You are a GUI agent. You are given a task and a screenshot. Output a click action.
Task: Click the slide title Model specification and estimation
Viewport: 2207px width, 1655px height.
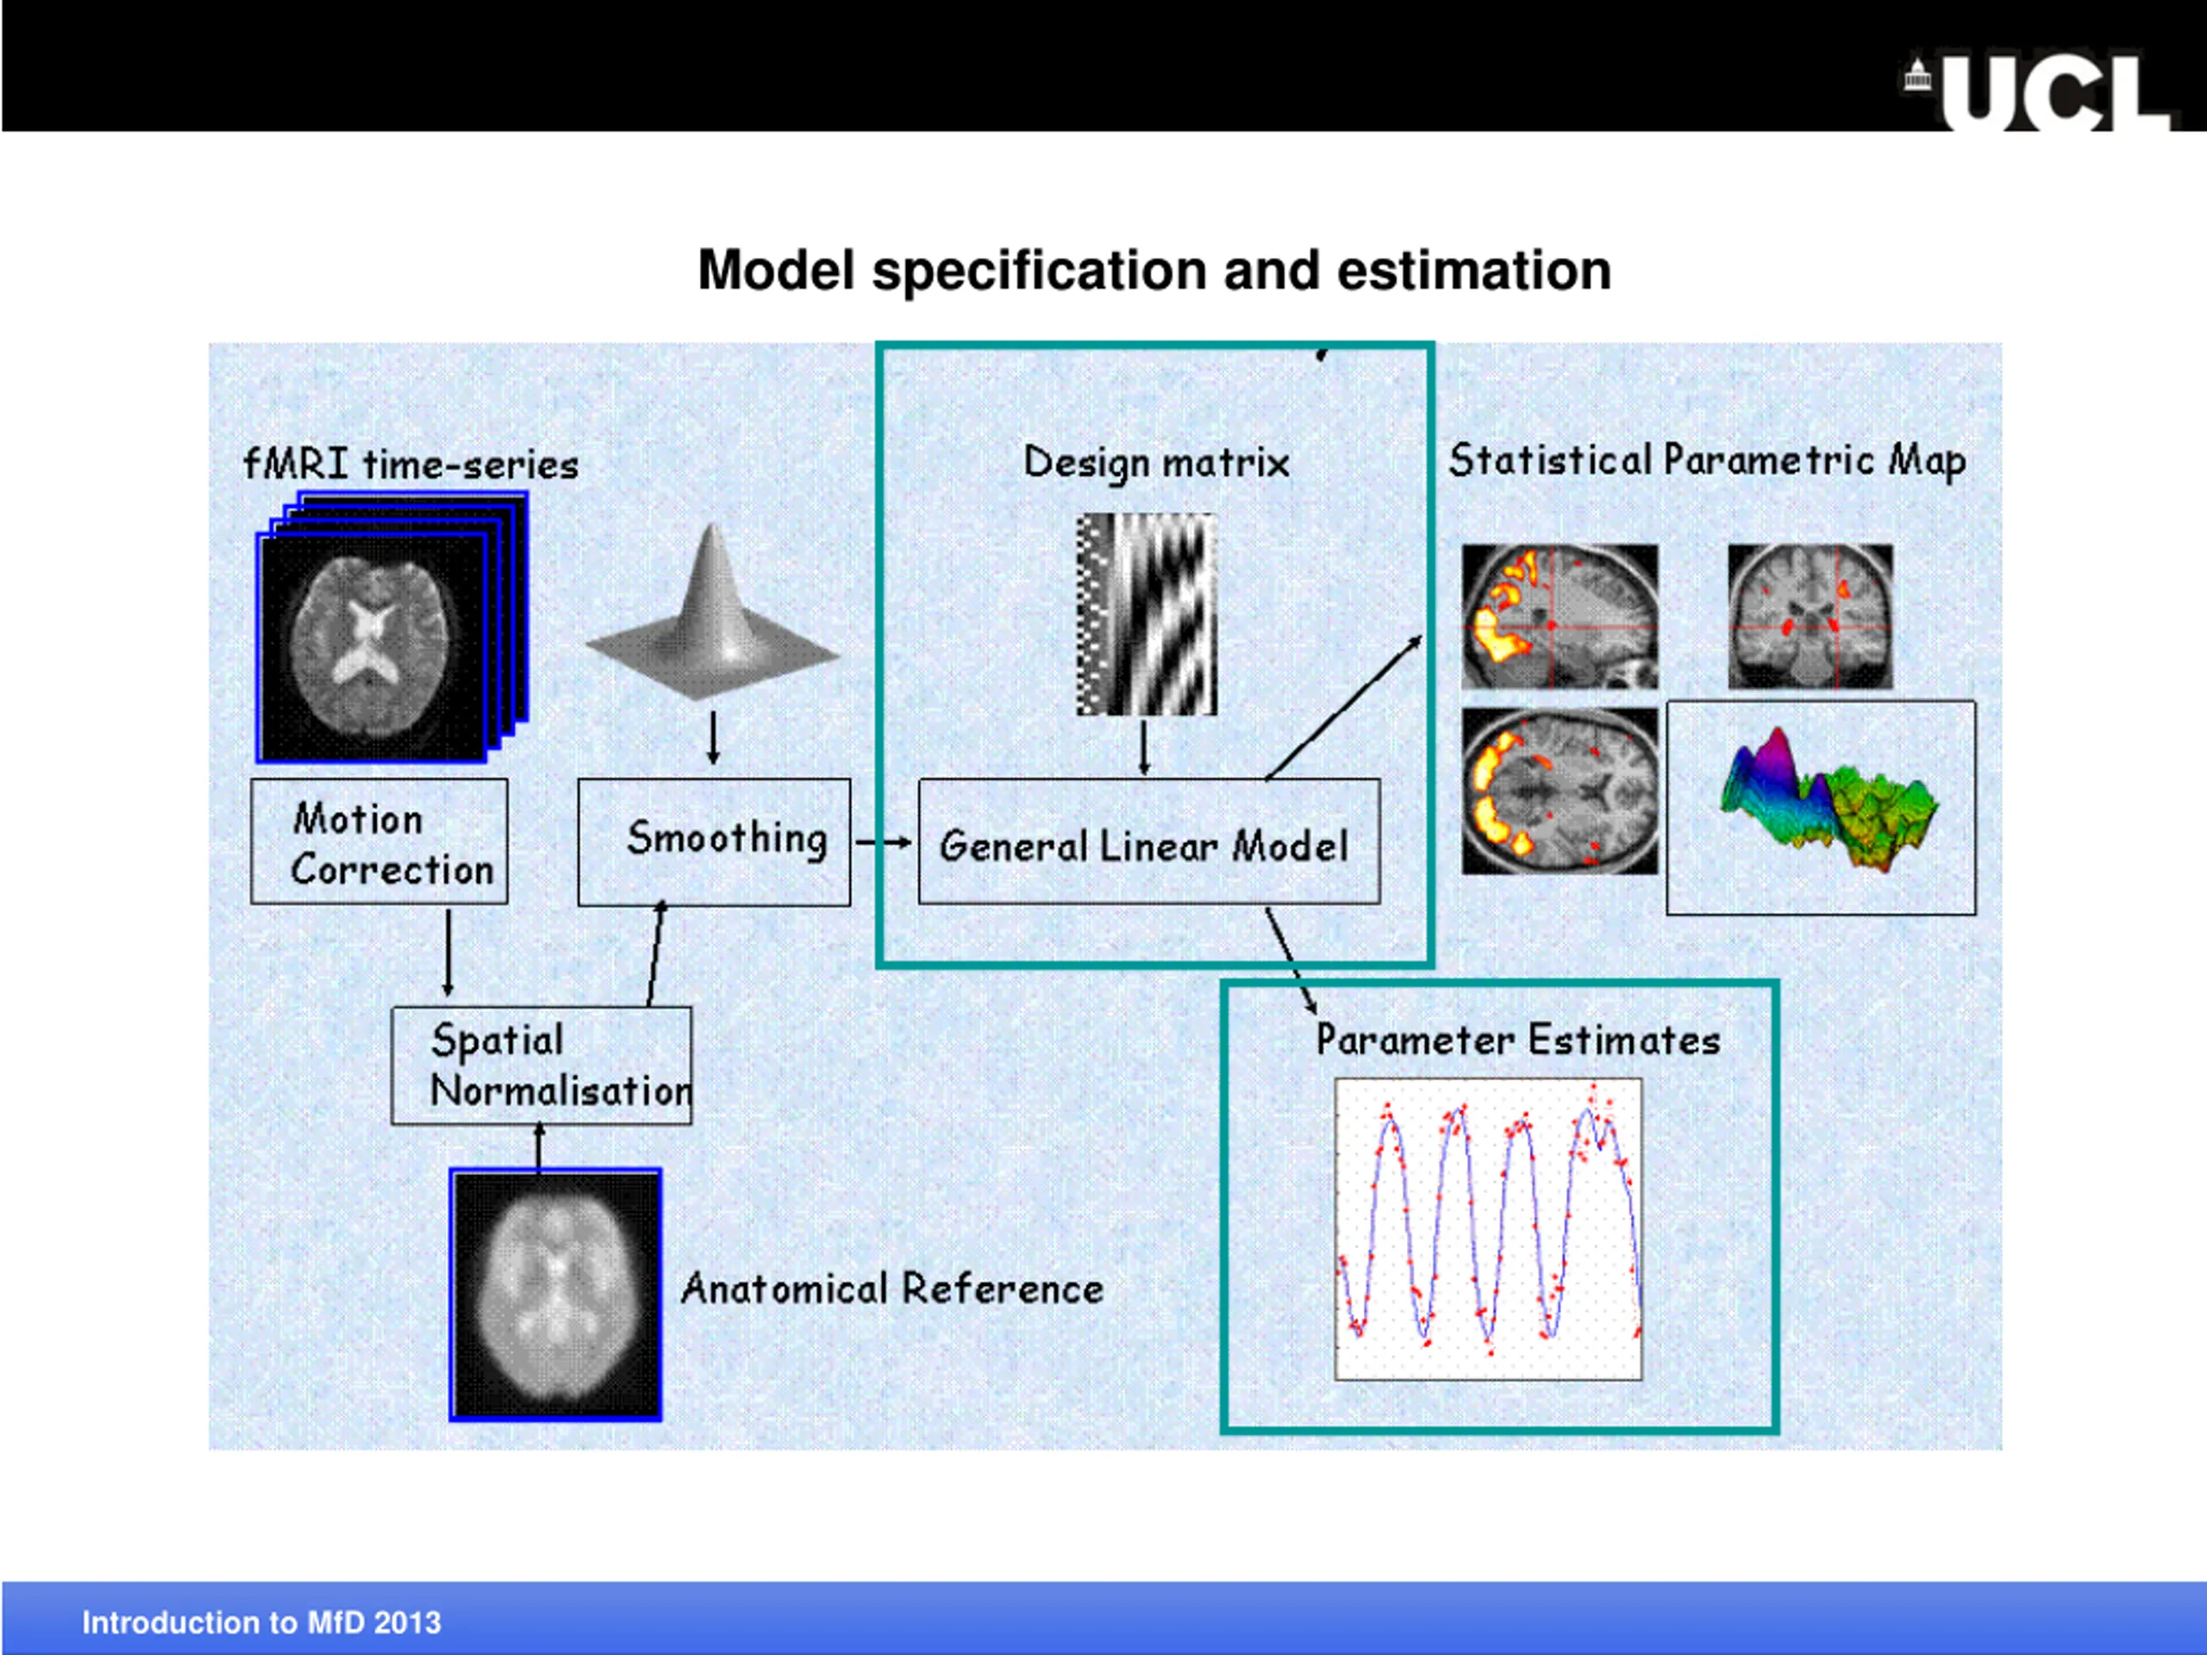coord(1154,271)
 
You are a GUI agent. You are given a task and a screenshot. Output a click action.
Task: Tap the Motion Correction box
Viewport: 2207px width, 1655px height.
coord(379,842)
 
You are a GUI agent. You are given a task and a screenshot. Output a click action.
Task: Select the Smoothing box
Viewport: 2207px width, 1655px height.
coord(715,842)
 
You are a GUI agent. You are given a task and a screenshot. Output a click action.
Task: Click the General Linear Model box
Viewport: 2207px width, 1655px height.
coord(1148,843)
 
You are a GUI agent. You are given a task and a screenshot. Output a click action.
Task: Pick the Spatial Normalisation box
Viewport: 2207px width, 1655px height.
coord(541,1065)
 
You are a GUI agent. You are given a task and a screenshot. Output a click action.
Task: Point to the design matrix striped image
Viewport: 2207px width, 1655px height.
coord(1147,615)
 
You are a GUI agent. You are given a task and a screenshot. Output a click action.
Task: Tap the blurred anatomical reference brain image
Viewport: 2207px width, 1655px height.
coord(556,1295)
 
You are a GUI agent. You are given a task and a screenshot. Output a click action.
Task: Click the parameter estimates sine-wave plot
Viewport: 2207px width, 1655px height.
coord(1488,1229)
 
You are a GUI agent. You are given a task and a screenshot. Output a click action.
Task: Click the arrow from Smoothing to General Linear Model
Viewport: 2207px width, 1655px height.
coord(883,843)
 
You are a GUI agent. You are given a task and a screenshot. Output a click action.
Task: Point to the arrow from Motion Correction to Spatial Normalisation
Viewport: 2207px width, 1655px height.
coord(448,952)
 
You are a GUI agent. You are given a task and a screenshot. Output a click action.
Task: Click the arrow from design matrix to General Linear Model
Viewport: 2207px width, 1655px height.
coord(1144,746)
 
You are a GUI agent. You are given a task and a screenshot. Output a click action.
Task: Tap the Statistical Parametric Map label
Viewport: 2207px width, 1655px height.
coord(1707,461)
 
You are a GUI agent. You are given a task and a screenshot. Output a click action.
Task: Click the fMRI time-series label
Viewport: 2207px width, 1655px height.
coord(411,465)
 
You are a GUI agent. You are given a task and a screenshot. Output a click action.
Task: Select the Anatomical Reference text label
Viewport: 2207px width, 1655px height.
coord(893,1289)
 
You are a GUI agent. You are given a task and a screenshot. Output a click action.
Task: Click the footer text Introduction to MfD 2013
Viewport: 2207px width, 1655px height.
coord(261,1623)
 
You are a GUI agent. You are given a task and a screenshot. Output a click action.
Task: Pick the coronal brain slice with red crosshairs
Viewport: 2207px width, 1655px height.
coord(1810,615)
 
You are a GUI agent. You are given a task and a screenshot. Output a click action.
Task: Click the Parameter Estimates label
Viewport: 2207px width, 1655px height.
coord(1517,1040)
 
